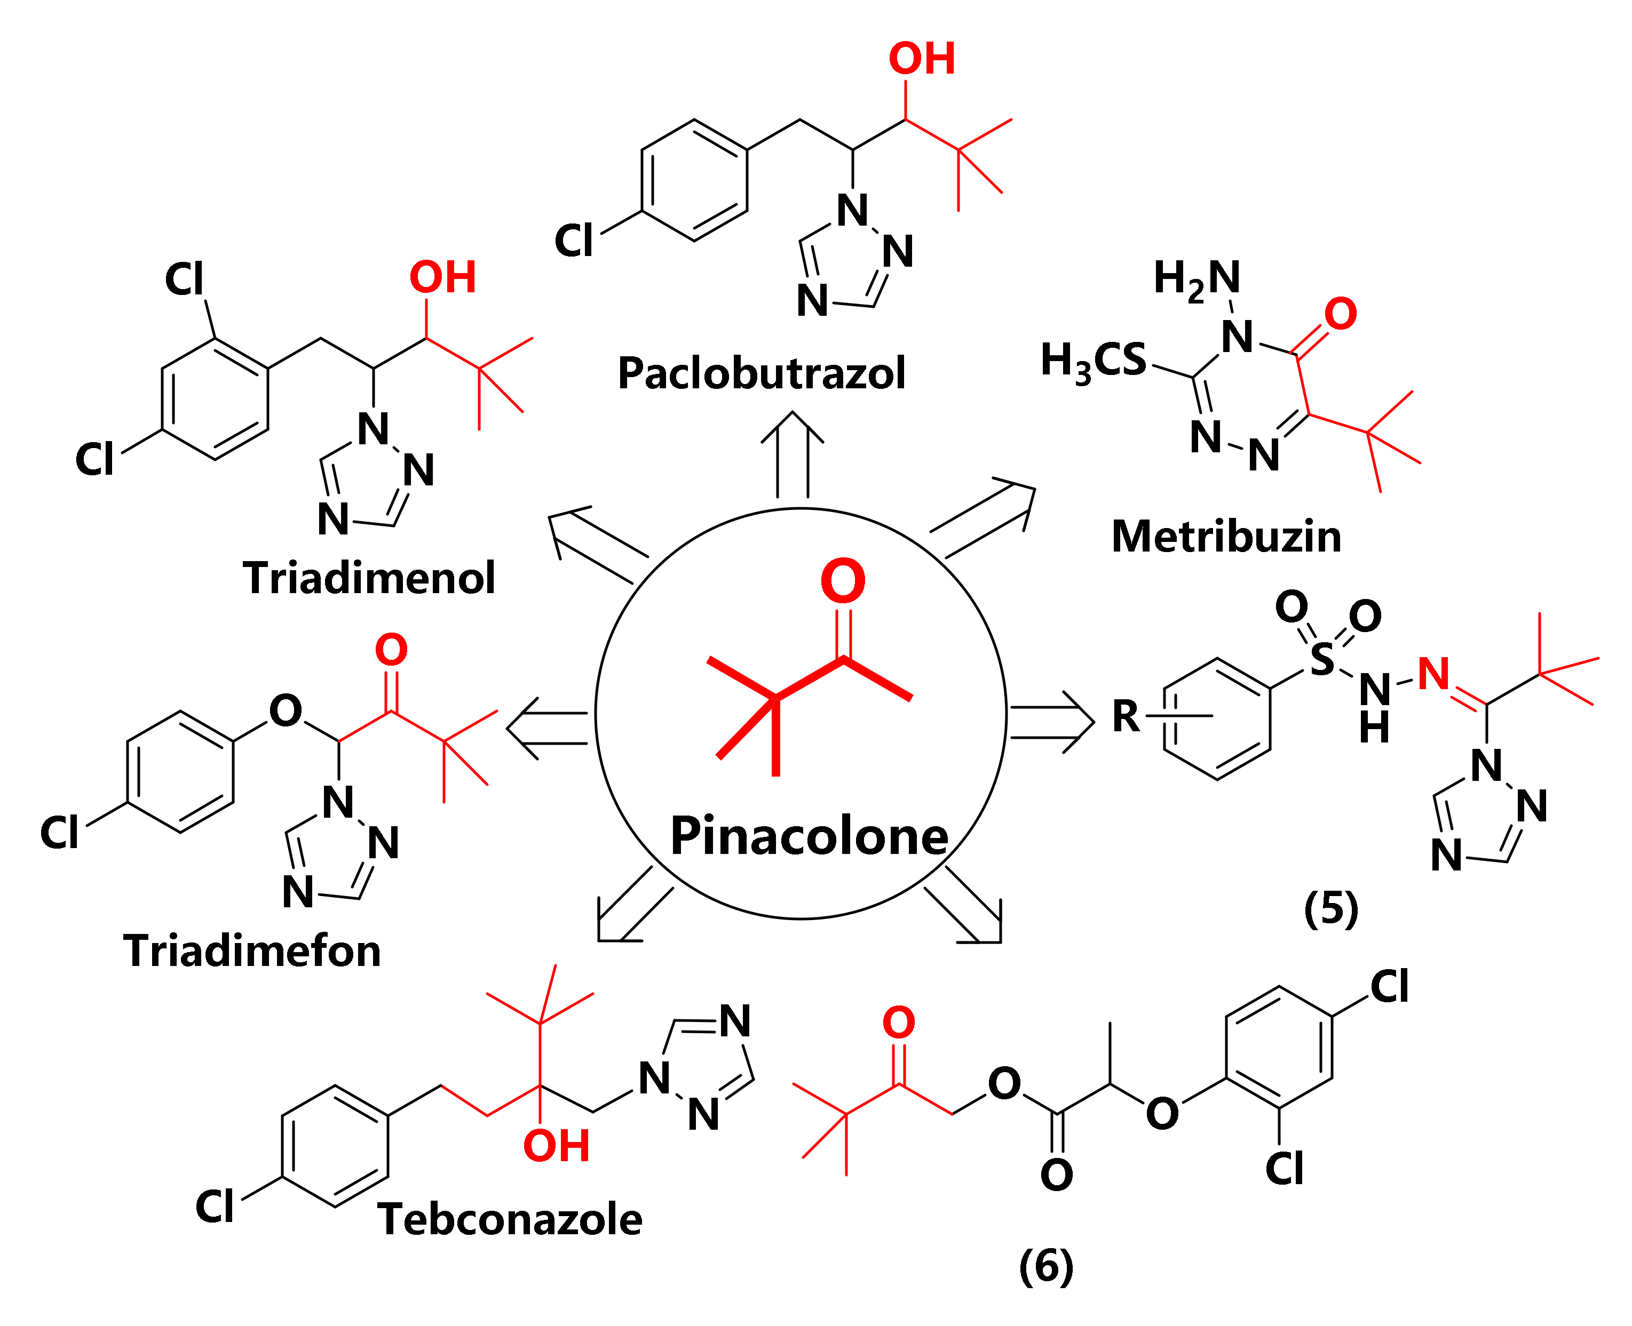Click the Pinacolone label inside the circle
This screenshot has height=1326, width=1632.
tap(809, 836)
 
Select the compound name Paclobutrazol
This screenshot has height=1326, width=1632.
tap(761, 373)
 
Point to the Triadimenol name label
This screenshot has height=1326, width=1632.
tap(369, 578)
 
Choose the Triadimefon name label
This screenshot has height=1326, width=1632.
tap(252, 951)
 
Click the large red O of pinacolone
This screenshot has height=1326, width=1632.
tap(842, 581)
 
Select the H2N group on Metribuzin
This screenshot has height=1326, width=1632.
tap(1197, 279)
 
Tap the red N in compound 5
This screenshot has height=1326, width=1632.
tap(1433, 674)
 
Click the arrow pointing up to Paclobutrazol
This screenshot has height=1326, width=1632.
tap(793, 455)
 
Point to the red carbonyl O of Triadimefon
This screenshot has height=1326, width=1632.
tap(391, 650)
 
